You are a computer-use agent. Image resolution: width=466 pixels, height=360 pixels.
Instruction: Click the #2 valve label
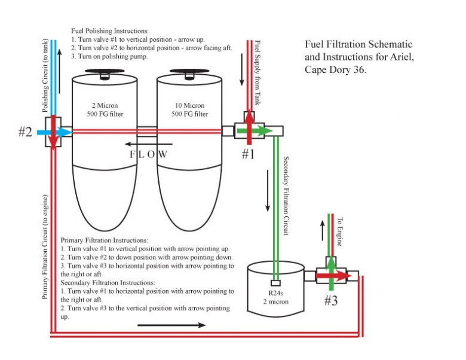(24, 132)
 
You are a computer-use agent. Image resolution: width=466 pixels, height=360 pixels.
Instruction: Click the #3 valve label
(331, 300)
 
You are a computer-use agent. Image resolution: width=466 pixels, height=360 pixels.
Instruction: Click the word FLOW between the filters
(149, 154)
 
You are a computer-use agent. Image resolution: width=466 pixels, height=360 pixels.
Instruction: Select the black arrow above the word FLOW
(149, 144)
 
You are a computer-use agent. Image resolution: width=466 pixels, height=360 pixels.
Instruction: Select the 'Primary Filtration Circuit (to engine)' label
(45, 246)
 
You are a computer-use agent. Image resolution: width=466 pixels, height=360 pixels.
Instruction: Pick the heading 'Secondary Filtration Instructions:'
(108, 282)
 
